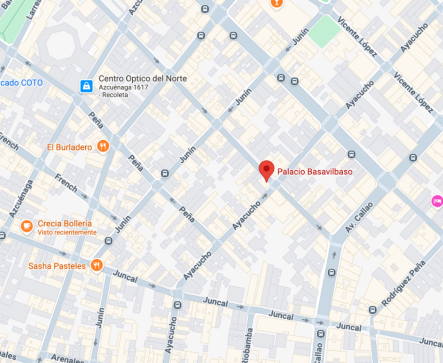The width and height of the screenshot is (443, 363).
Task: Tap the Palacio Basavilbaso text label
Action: (315, 171)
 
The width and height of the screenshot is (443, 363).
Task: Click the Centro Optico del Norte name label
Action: (142, 78)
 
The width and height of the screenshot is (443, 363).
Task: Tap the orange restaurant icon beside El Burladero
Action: (103, 146)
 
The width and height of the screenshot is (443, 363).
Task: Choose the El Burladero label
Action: (70, 147)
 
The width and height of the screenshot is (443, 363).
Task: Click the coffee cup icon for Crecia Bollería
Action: (27, 226)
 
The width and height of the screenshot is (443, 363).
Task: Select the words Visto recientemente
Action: (67, 233)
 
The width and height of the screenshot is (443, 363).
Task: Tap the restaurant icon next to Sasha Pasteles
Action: (97, 265)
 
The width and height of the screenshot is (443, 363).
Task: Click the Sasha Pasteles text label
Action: (57, 266)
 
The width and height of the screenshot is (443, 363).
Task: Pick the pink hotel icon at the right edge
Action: (437, 201)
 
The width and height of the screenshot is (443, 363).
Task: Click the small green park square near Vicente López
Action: (324, 31)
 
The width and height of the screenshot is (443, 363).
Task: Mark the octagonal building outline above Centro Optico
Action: (60, 46)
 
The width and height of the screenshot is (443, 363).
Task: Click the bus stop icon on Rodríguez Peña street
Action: (372, 310)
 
